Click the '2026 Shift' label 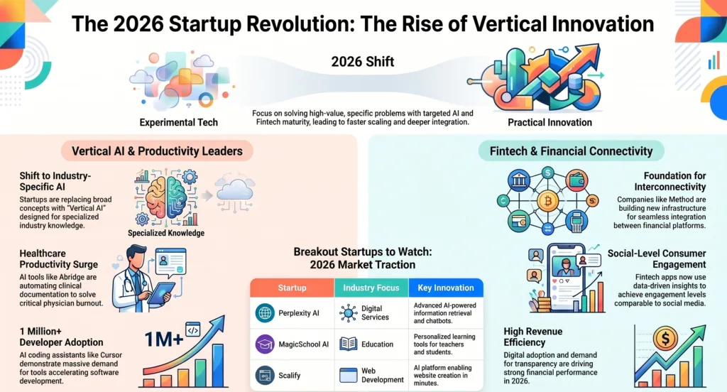click(362, 62)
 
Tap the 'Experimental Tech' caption click(179, 122)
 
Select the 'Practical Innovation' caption click(550, 122)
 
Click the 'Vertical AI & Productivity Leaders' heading click(157, 151)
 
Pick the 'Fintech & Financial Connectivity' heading click(571, 151)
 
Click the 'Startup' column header click(292, 288)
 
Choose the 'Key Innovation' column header click(447, 288)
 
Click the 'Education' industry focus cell click(377, 344)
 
